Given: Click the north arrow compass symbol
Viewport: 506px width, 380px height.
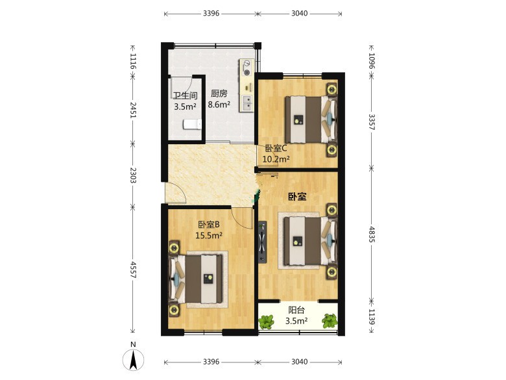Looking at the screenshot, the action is pyautogui.click(x=133, y=359).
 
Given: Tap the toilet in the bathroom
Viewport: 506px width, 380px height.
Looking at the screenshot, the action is pyautogui.click(x=193, y=125).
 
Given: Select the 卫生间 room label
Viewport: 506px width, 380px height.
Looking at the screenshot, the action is pyautogui.click(x=186, y=95).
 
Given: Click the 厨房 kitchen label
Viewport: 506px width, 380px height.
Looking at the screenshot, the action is pyautogui.click(x=219, y=94).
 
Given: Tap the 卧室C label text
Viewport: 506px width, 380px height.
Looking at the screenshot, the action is pyautogui.click(x=276, y=148).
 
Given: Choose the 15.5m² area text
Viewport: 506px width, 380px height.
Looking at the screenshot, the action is pyautogui.click(x=209, y=235).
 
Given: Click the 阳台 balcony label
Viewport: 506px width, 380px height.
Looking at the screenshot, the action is pyautogui.click(x=296, y=310).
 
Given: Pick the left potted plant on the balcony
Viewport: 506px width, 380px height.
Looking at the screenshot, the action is pyautogui.click(x=266, y=322).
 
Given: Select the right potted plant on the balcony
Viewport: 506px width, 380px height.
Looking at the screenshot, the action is pyautogui.click(x=330, y=321).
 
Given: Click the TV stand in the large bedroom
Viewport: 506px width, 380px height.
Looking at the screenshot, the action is pyautogui.click(x=262, y=242).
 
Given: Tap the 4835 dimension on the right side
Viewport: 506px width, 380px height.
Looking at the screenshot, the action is pyautogui.click(x=372, y=234).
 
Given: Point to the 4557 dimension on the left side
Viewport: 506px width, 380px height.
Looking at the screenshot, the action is pyautogui.click(x=133, y=270).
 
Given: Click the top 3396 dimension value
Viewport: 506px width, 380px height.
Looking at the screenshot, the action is pyautogui.click(x=211, y=13).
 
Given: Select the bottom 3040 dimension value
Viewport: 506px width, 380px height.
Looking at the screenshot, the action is pyautogui.click(x=300, y=362).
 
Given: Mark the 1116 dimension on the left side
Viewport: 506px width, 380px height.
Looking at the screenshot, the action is pyautogui.click(x=133, y=61).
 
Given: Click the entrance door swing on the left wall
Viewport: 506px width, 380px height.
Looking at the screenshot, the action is pyautogui.click(x=175, y=193).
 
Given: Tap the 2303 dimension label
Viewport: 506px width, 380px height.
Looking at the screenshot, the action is pyautogui.click(x=133, y=175).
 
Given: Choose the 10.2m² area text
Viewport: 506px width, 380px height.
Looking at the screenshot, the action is pyautogui.click(x=276, y=159).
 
